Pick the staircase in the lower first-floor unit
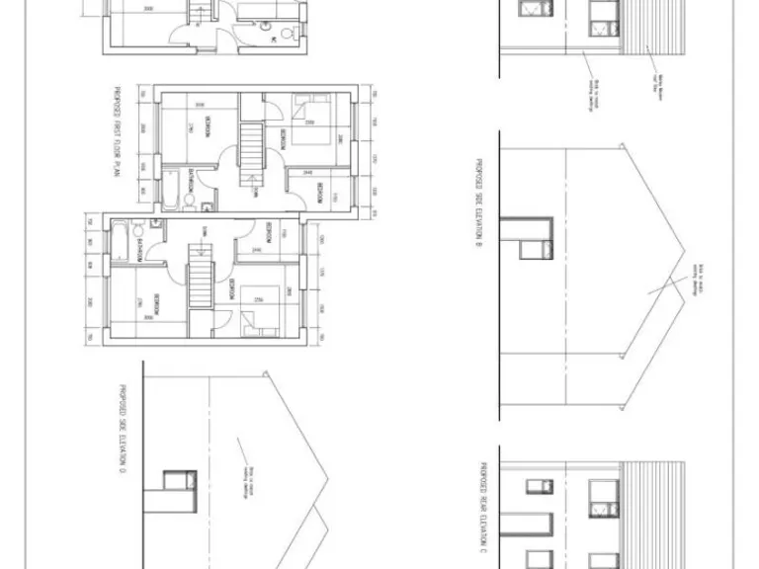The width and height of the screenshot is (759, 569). point(202,280)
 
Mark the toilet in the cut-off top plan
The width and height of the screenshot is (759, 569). point(287,35)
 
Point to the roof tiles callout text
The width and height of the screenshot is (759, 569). point(654,79)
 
